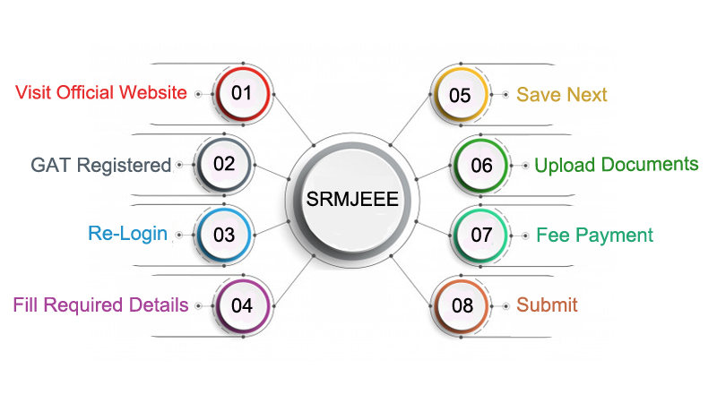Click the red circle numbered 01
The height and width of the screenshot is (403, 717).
point(242,93)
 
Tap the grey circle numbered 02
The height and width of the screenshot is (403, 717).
point(223,164)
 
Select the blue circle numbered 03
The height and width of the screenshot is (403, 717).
point(223,235)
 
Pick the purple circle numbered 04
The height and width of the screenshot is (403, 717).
point(242,304)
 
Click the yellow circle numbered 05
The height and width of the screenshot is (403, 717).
point(460,95)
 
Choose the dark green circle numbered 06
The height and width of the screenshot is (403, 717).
point(481,165)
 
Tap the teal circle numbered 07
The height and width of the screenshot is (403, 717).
point(481,236)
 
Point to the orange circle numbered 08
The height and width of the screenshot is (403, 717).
point(462,305)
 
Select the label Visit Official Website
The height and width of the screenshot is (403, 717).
point(101,93)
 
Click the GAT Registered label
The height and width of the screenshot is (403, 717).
point(100,165)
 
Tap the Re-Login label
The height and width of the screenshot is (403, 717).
point(127,234)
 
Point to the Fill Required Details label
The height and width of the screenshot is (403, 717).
point(100,305)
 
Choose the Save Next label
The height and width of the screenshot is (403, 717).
point(561,95)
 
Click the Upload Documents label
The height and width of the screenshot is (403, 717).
point(616,165)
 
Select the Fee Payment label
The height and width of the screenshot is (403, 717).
point(594,236)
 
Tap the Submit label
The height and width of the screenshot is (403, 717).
point(547,305)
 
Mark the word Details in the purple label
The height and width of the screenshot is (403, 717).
point(161,305)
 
